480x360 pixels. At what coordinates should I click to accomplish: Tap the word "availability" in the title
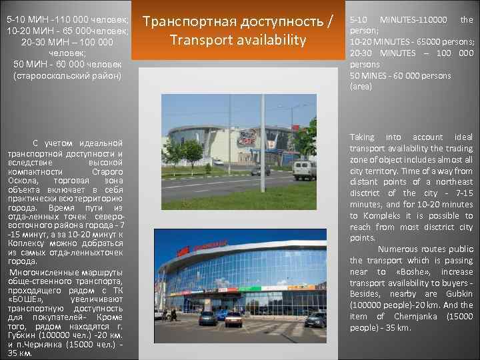click(269, 40)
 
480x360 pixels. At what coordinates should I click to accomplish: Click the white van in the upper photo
click(305, 169)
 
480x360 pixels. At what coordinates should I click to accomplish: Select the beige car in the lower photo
click(234, 319)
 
